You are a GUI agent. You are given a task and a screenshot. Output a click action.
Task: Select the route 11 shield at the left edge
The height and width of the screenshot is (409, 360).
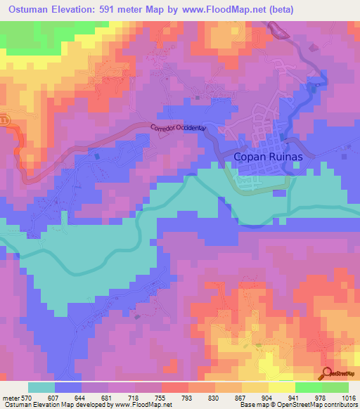3,119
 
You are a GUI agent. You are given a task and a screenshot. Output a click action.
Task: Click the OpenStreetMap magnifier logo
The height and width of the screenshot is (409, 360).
327,373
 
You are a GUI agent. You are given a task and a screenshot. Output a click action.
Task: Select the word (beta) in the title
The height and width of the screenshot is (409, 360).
279,9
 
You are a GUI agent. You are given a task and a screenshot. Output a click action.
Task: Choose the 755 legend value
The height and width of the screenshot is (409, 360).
161,397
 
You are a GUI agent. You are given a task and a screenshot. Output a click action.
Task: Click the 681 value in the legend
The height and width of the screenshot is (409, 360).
108,397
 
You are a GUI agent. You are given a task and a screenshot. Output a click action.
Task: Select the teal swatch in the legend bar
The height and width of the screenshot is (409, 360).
41,387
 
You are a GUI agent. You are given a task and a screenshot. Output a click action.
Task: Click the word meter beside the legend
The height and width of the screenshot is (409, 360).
10,397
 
